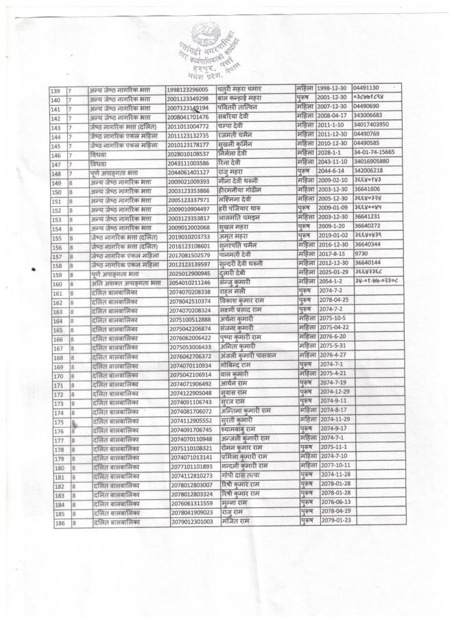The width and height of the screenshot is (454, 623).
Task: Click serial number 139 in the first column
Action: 58,90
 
